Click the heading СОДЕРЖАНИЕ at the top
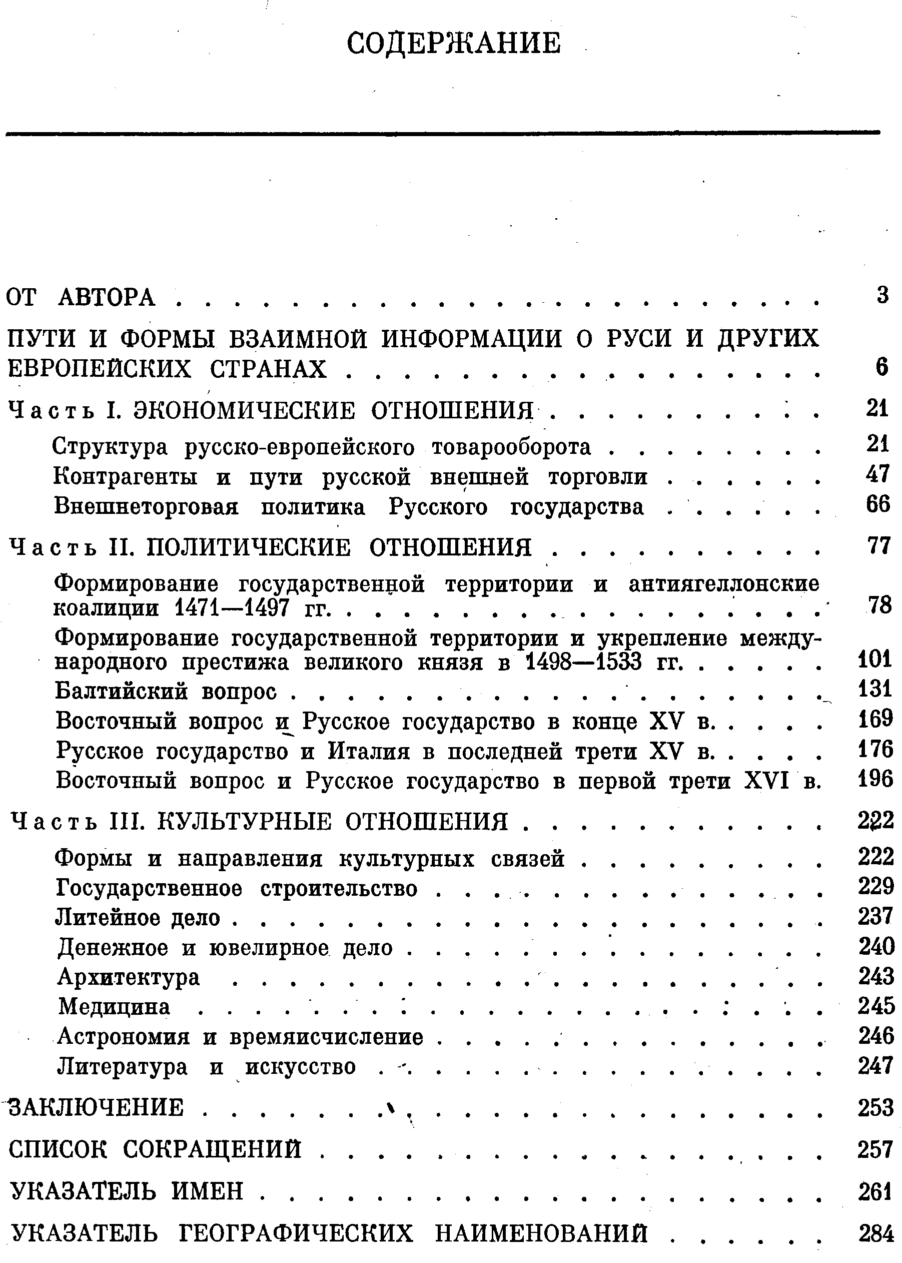click(x=453, y=44)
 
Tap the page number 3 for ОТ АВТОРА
click(x=882, y=294)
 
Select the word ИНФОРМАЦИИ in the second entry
click(x=472, y=338)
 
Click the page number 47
click(x=877, y=474)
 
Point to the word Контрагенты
click(x=126, y=476)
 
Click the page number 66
click(x=877, y=504)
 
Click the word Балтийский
click(x=121, y=691)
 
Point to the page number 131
click(x=875, y=689)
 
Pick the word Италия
click(x=369, y=752)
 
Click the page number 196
click(x=875, y=779)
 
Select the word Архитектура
click(x=128, y=976)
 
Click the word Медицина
click(x=114, y=1006)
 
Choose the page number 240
click(x=876, y=946)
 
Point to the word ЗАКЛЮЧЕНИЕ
click(x=96, y=1107)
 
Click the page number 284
click(x=876, y=1233)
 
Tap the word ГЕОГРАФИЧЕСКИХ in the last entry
click(x=297, y=1234)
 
